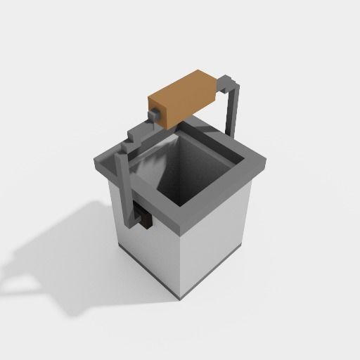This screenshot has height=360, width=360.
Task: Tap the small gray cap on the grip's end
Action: [x=153, y=113]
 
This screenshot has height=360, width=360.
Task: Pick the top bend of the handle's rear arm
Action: [x=231, y=83]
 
